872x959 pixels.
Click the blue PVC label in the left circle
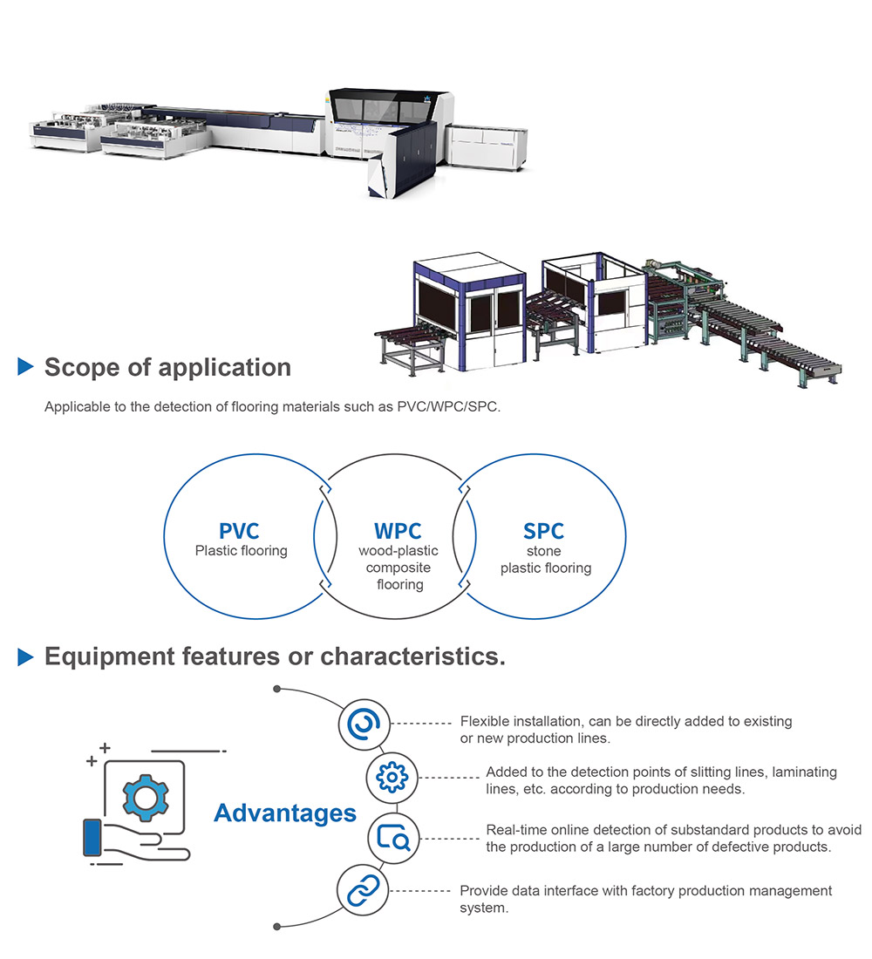[239, 531]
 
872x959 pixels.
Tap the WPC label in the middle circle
[398, 531]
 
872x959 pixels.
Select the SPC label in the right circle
[544, 531]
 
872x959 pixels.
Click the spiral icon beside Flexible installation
[363, 723]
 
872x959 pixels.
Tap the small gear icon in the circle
[392, 776]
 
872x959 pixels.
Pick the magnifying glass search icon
[393, 838]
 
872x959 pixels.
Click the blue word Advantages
[285, 813]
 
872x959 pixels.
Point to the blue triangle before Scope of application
[25, 367]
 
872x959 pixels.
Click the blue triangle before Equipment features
[25, 656]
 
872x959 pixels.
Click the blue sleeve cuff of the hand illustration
[92, 838]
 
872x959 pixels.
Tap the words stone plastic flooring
[545, 560]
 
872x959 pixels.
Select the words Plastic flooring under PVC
[241, 551]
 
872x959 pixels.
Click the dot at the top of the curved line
[277, 689]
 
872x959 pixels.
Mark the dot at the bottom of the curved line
[277, 926]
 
